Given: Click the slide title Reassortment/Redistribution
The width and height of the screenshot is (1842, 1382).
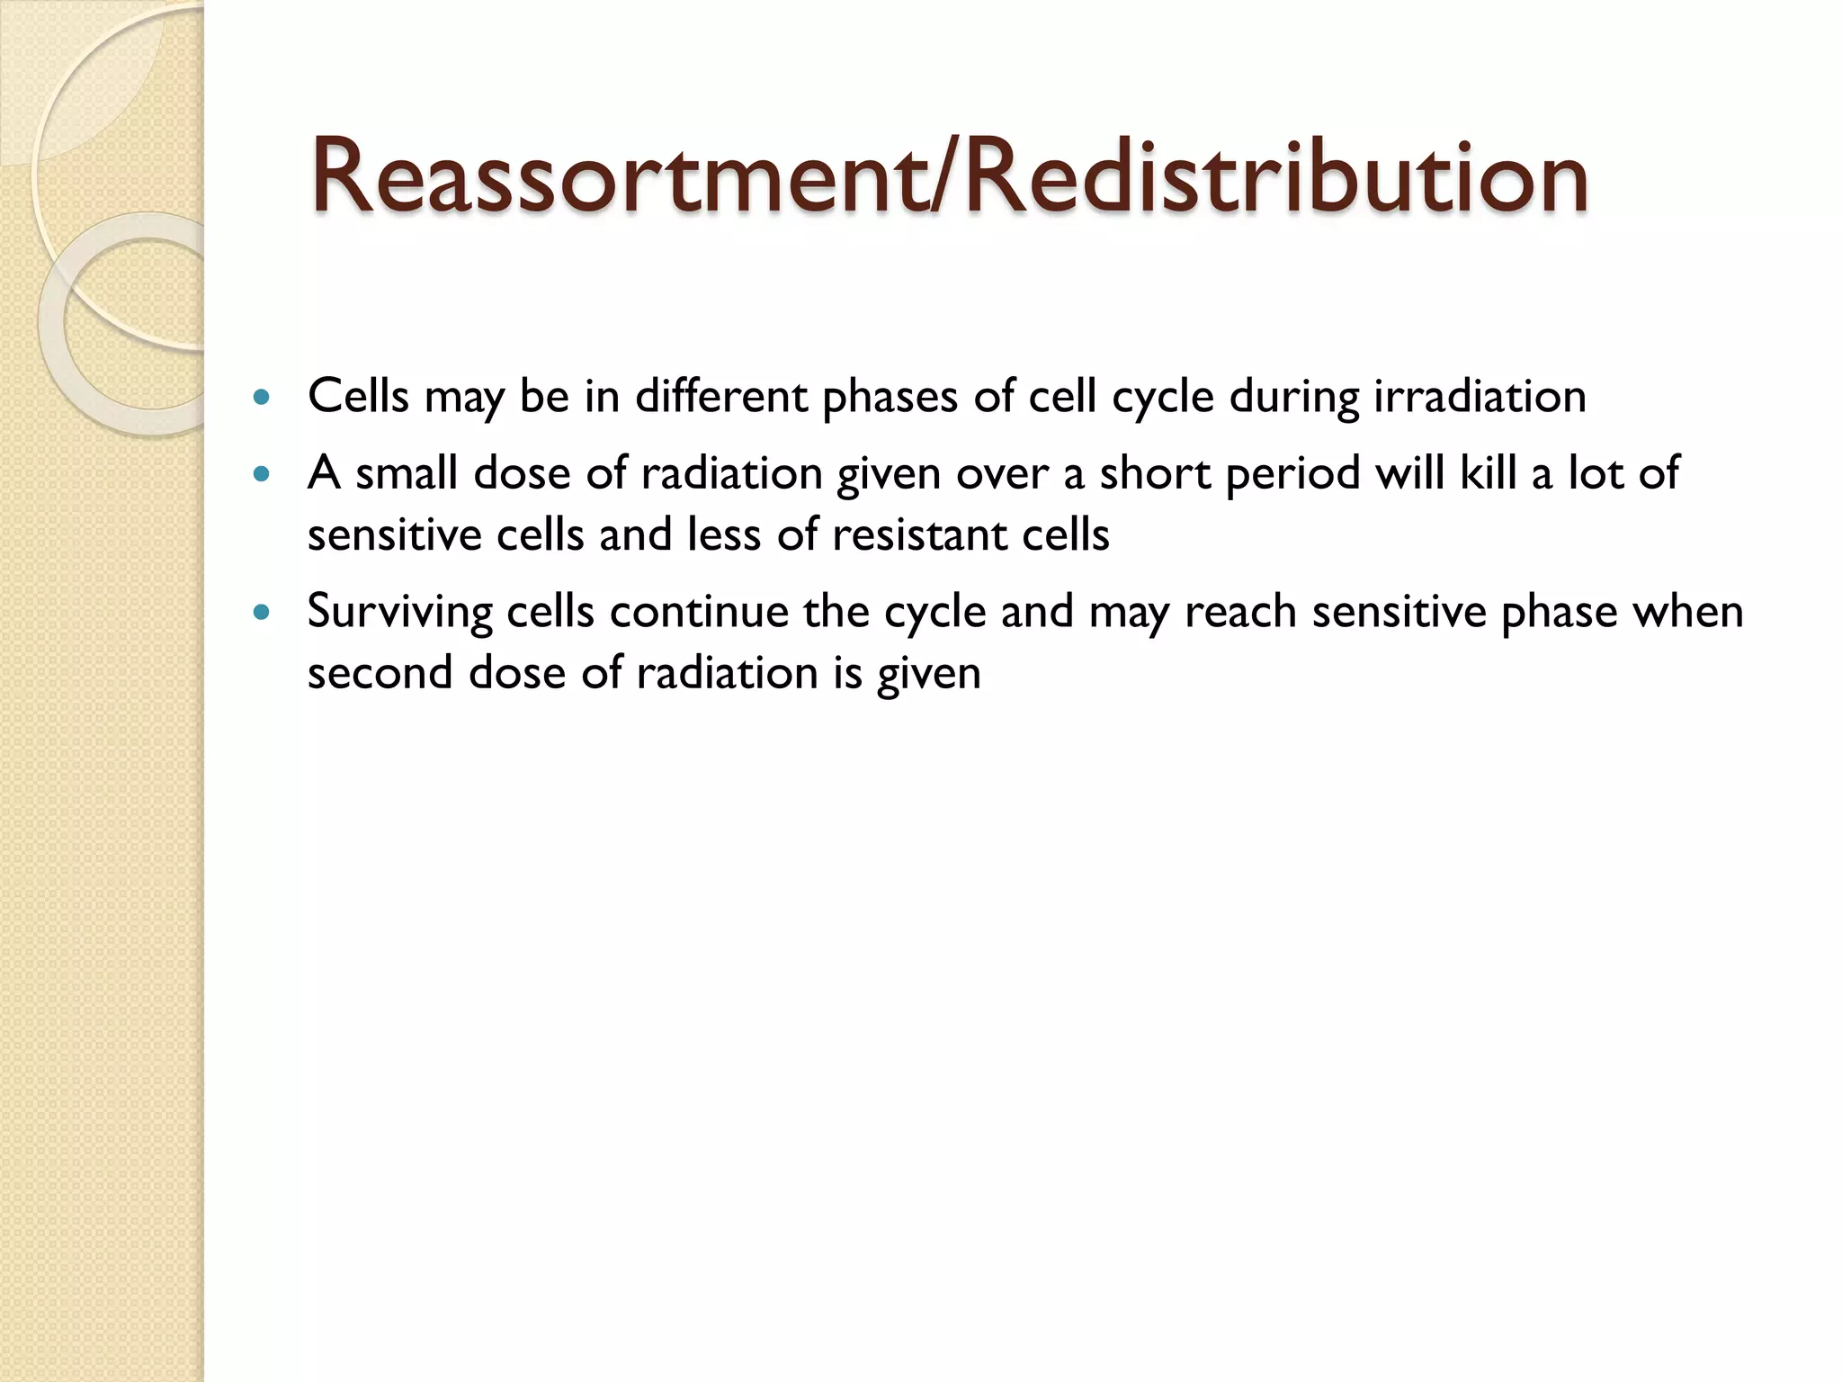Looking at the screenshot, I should point(950,177).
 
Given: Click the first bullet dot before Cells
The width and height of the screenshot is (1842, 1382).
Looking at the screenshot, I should point(262,397).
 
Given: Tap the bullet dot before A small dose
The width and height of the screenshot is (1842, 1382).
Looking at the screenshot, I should point(262,473).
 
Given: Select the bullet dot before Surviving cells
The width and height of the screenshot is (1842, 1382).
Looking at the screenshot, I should point(262,613).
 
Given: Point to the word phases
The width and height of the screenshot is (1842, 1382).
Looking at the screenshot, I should point(890,397).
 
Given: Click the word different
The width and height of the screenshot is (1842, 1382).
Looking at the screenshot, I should point(721,397).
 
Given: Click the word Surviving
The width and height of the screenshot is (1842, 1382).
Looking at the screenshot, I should point(399,613).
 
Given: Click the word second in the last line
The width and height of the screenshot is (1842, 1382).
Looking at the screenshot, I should point(380,674).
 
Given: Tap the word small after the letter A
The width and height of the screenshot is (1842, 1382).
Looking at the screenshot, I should point(407,473).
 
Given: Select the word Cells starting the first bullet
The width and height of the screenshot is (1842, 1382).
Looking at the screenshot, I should point(358,397).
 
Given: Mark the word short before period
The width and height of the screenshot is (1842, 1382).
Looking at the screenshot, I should point(1155,473).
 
